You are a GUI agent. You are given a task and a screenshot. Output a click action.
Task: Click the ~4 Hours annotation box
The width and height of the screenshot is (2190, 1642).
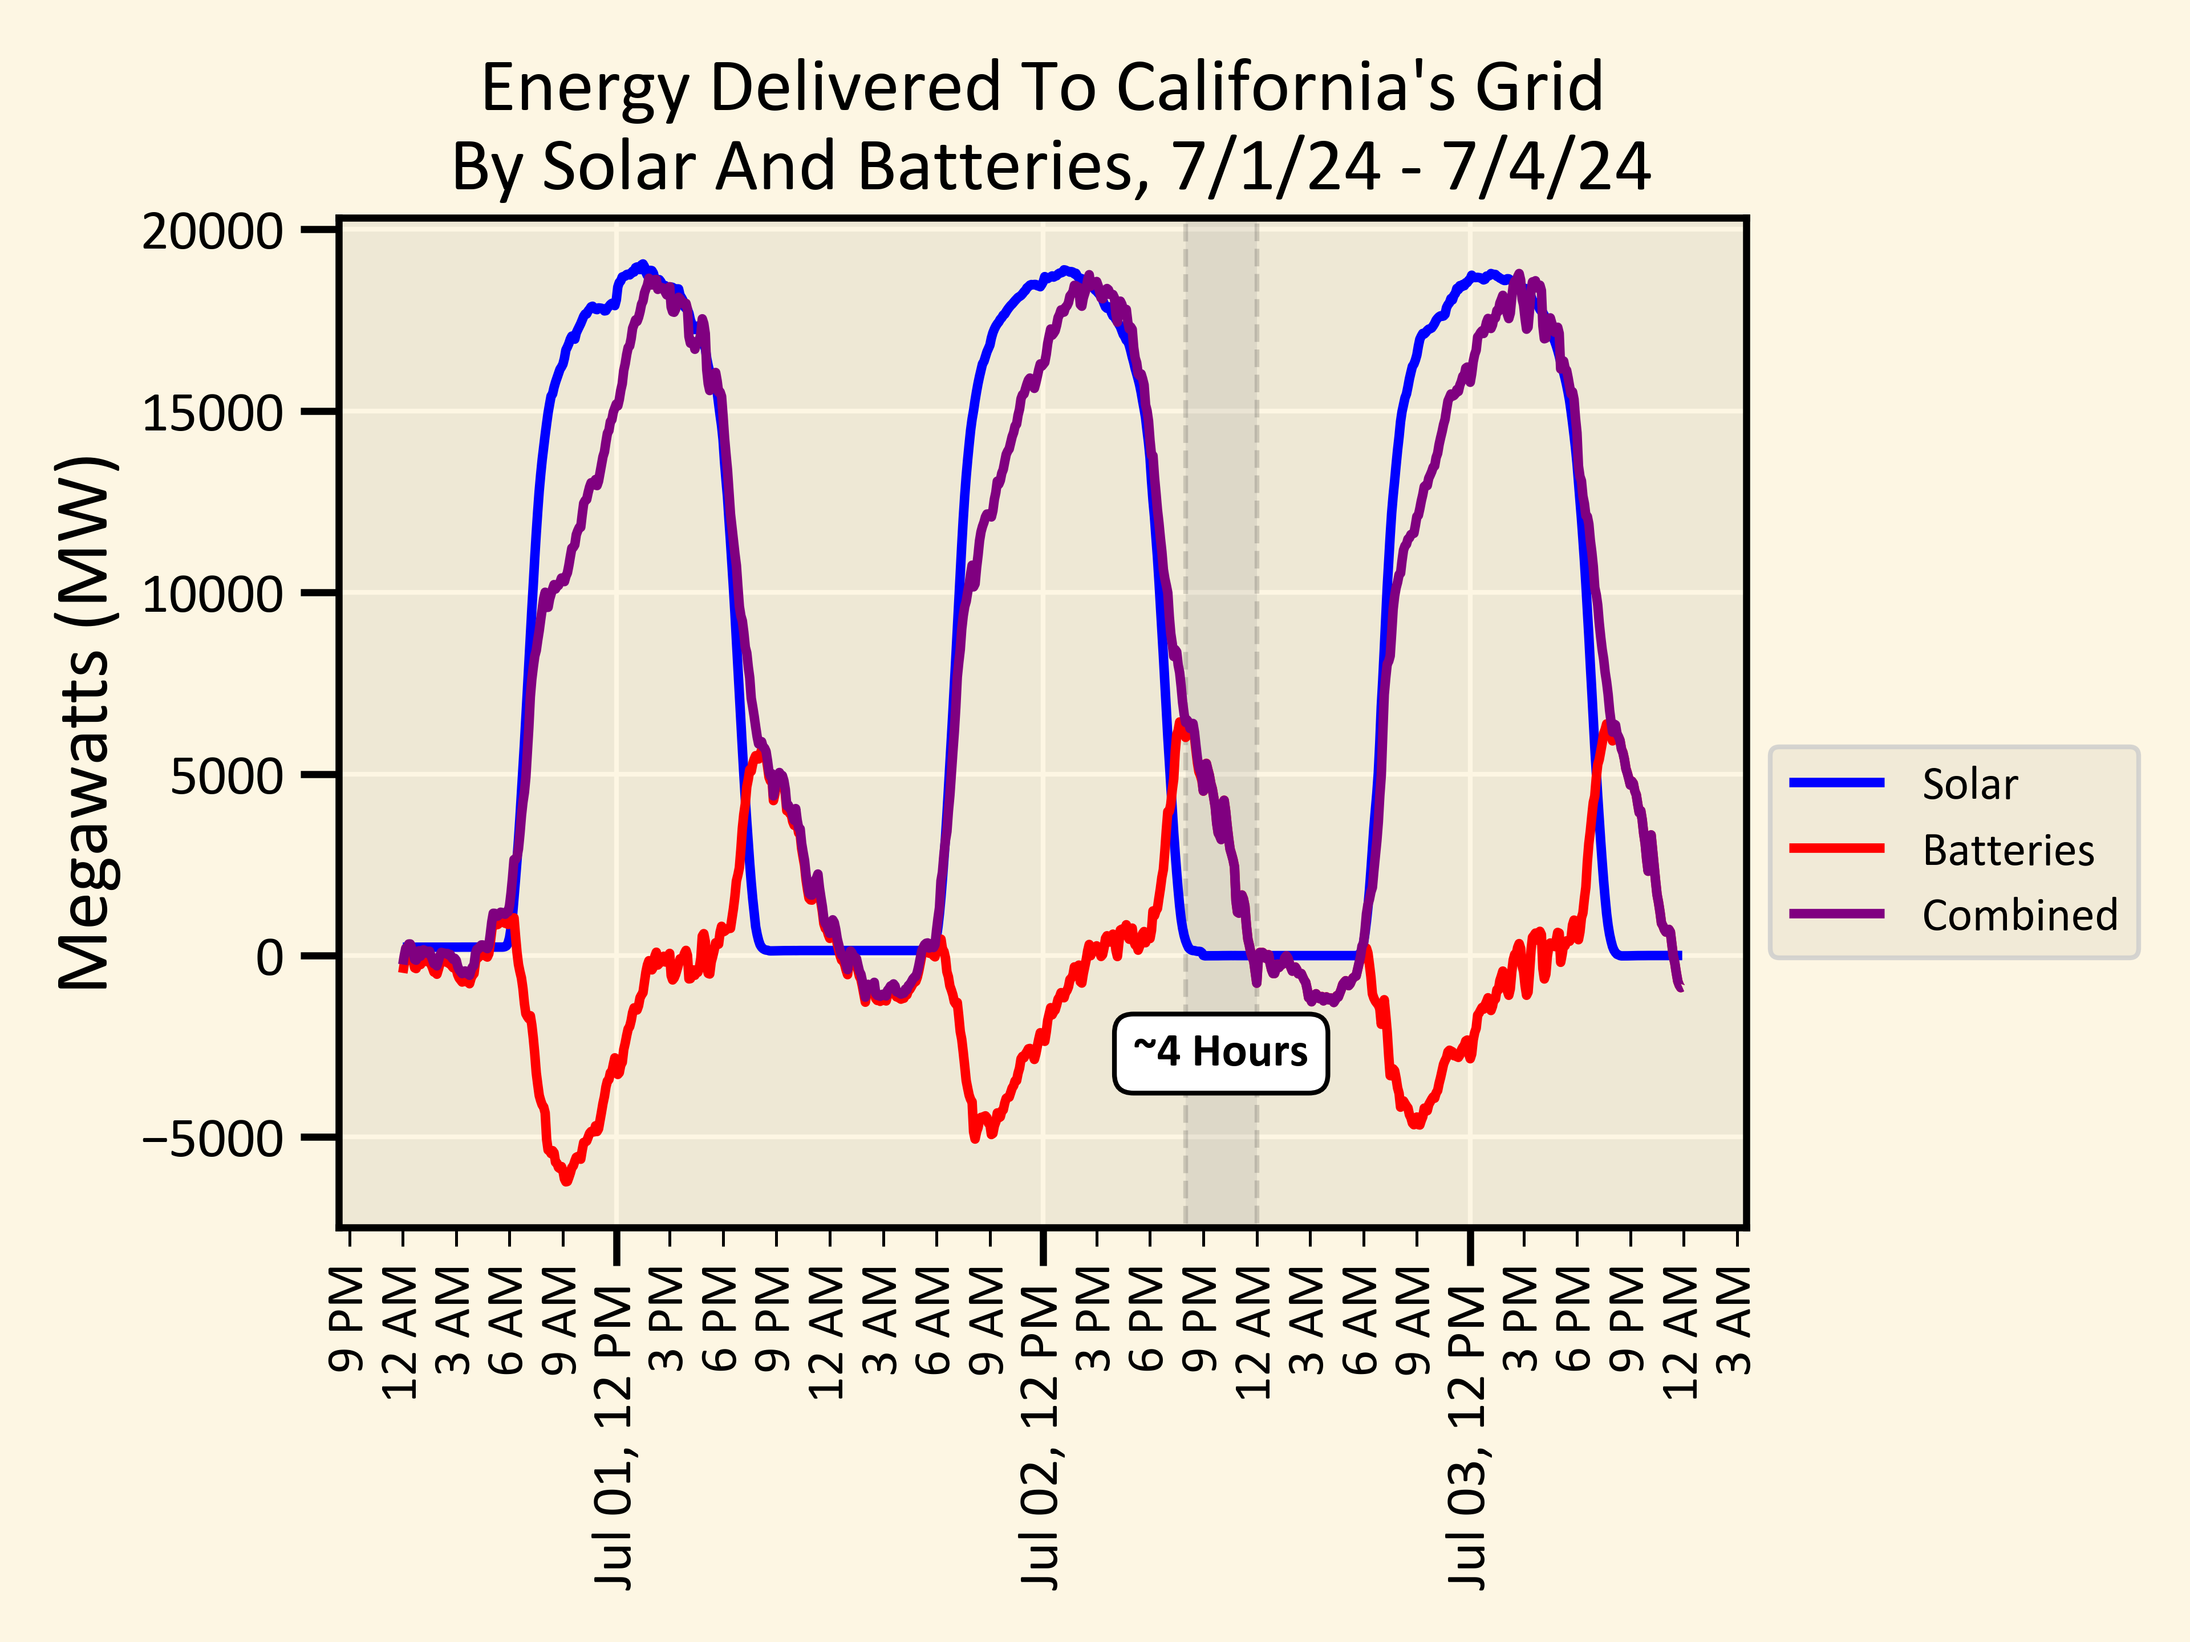(1220, 1053)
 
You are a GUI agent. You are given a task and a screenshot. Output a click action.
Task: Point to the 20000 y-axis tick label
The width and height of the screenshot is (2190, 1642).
(213, 233)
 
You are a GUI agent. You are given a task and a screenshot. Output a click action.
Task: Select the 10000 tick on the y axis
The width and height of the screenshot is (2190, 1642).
(213, 595)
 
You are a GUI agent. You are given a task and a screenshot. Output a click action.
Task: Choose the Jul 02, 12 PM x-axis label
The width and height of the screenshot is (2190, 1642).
(1041, 1435)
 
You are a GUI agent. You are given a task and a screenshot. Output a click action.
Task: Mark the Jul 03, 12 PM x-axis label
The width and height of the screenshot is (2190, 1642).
(1469, 1435)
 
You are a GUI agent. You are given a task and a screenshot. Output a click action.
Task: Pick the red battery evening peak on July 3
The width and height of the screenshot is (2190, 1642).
(1606, 725)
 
